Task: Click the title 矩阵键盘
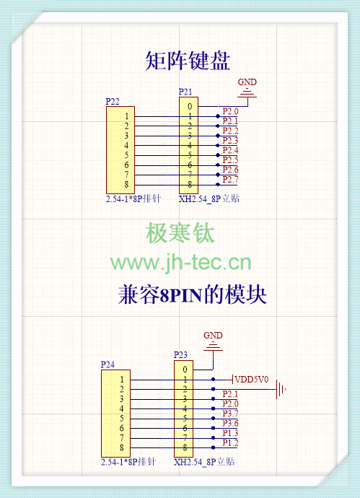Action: tap(188, 61)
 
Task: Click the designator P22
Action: tap(113, 101)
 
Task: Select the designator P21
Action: tap(185, 92)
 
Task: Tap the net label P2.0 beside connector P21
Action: tap(230, 111)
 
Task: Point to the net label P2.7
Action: tap(230, 180)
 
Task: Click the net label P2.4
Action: tap(230, 150)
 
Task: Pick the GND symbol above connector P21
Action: tap(247, 90)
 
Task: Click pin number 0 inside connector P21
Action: tap(190, 106)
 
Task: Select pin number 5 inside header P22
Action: tap(126, 155)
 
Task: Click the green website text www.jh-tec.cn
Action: tap(180, 263)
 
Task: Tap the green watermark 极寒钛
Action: tap(180, 233)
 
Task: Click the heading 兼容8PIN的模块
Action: tap(192, 294)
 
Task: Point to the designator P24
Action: tap(107, 364)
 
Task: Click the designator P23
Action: tap(180, 355)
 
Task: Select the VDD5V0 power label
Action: tap(252, 379)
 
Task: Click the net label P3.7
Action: tap(230, 414)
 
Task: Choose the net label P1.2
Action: tap(230, 442)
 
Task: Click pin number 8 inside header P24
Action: tap(121, 447)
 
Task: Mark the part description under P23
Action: tap(204, 462)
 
